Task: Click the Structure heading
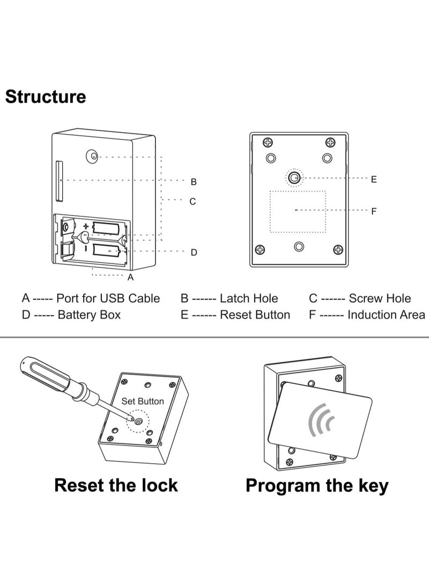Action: (46, 97)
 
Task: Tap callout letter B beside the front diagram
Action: (194, 182)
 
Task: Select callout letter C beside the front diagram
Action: (193, 202)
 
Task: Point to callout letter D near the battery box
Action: (194, 252)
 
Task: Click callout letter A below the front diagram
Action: (130, 277)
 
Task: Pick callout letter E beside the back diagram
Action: (374, 179)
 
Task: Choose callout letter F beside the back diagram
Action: (374, 211)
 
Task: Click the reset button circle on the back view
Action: (293, 178)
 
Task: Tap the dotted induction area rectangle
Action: (298, 211)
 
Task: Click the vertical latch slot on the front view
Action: (60, 181)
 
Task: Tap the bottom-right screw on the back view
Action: (338, 250)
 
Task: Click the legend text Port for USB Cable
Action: (108, 298)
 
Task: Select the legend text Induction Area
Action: (386, 315)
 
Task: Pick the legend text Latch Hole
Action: (249, 298)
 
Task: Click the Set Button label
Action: (143, 401)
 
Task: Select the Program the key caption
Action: (317, 486)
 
